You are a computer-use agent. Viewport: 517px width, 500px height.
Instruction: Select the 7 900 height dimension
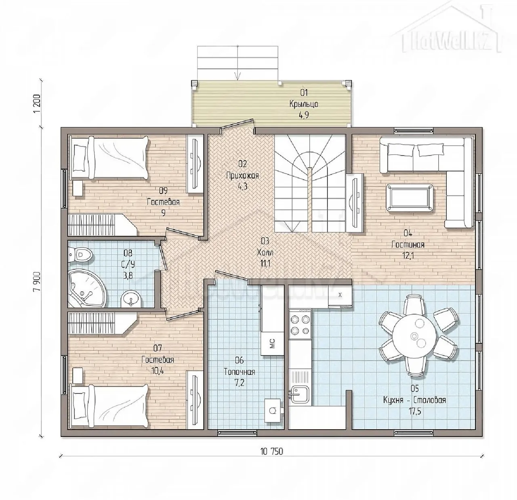(x=37, y=281)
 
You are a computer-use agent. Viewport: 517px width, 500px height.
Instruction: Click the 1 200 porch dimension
(x=37, y=104)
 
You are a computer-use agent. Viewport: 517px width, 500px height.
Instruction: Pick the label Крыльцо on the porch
(x=304, y=104)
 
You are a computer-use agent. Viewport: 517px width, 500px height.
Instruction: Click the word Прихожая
(x=242, y=175)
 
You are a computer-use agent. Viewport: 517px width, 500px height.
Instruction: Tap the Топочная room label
(x=240, y=371)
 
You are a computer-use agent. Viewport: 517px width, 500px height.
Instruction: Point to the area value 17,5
(x=414, y=412)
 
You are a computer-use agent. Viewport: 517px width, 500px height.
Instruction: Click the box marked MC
(x=272, y=343)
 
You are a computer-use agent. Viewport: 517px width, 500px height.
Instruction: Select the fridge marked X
(x=340, y=295)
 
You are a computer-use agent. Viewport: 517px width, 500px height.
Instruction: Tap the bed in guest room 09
(x=109, y=157)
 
